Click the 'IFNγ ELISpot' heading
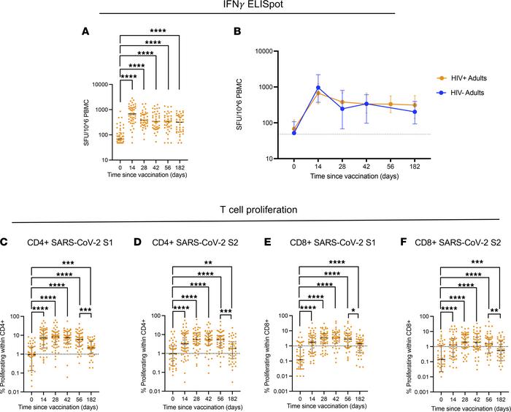click(255, 6)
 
